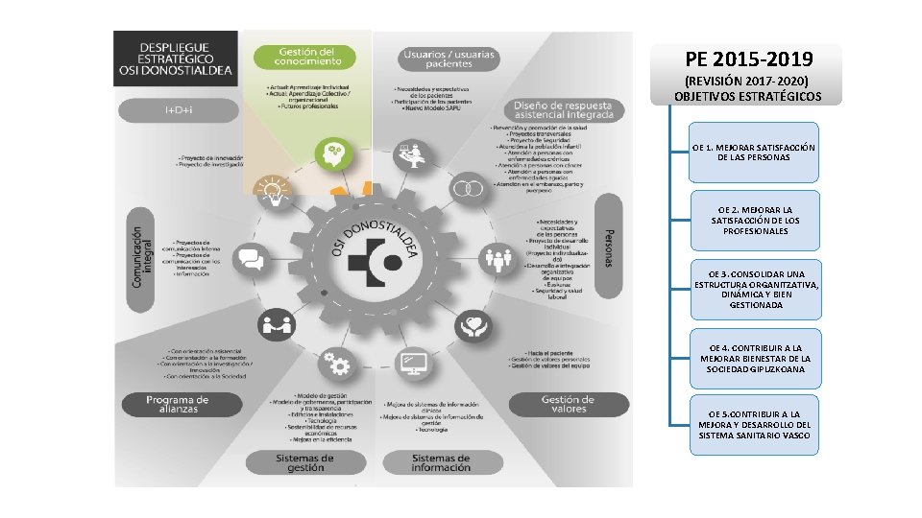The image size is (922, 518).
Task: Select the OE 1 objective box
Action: [x=753, y=153]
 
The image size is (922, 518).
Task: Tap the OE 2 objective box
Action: [x=753, y=221]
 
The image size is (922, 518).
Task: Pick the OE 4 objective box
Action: [x=753, y=358]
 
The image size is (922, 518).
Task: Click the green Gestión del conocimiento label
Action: [x=305, y=58]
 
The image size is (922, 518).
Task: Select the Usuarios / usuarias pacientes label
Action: [x=449, y=59]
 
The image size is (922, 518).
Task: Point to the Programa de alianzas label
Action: [x=178, y=404]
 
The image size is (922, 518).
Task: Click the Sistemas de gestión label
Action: [x=304, y=462]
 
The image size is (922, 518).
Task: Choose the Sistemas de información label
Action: [x=441, y=462]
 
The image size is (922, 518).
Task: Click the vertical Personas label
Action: [x=607, y=247]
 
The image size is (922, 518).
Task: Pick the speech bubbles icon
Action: [x=251, y=259]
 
